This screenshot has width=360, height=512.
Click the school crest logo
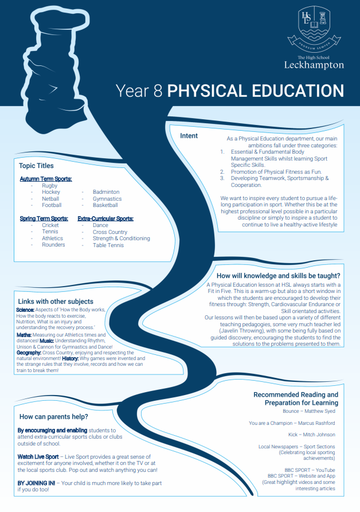click(x=314, y=26)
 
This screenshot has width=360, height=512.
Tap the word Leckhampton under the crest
click(x=314, y=65)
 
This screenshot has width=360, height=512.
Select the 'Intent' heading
click(x=189, y=136)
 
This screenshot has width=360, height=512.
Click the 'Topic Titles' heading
click(x=36, y=166)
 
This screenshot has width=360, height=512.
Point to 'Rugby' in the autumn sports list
click(x=49, y=186)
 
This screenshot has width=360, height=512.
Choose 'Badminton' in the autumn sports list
click(x=106, y=192)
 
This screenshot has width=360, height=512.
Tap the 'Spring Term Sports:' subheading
click(x=44, y=218)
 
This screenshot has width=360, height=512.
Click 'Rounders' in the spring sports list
click(x=53, y=245)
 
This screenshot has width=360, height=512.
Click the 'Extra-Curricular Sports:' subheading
click(x=105, y=218)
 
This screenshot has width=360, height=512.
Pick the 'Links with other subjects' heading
click(x=55, y=302)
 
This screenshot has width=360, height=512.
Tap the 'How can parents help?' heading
click(x=54, y=417)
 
